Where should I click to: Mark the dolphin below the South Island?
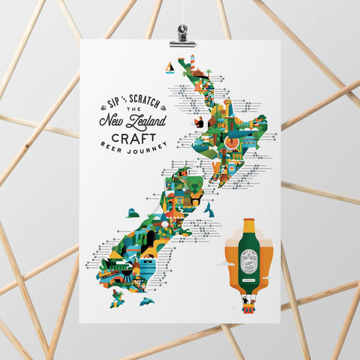tap(147, 301)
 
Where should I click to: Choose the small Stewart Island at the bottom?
tap(117, 298)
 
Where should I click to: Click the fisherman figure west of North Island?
tap(198, 121)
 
